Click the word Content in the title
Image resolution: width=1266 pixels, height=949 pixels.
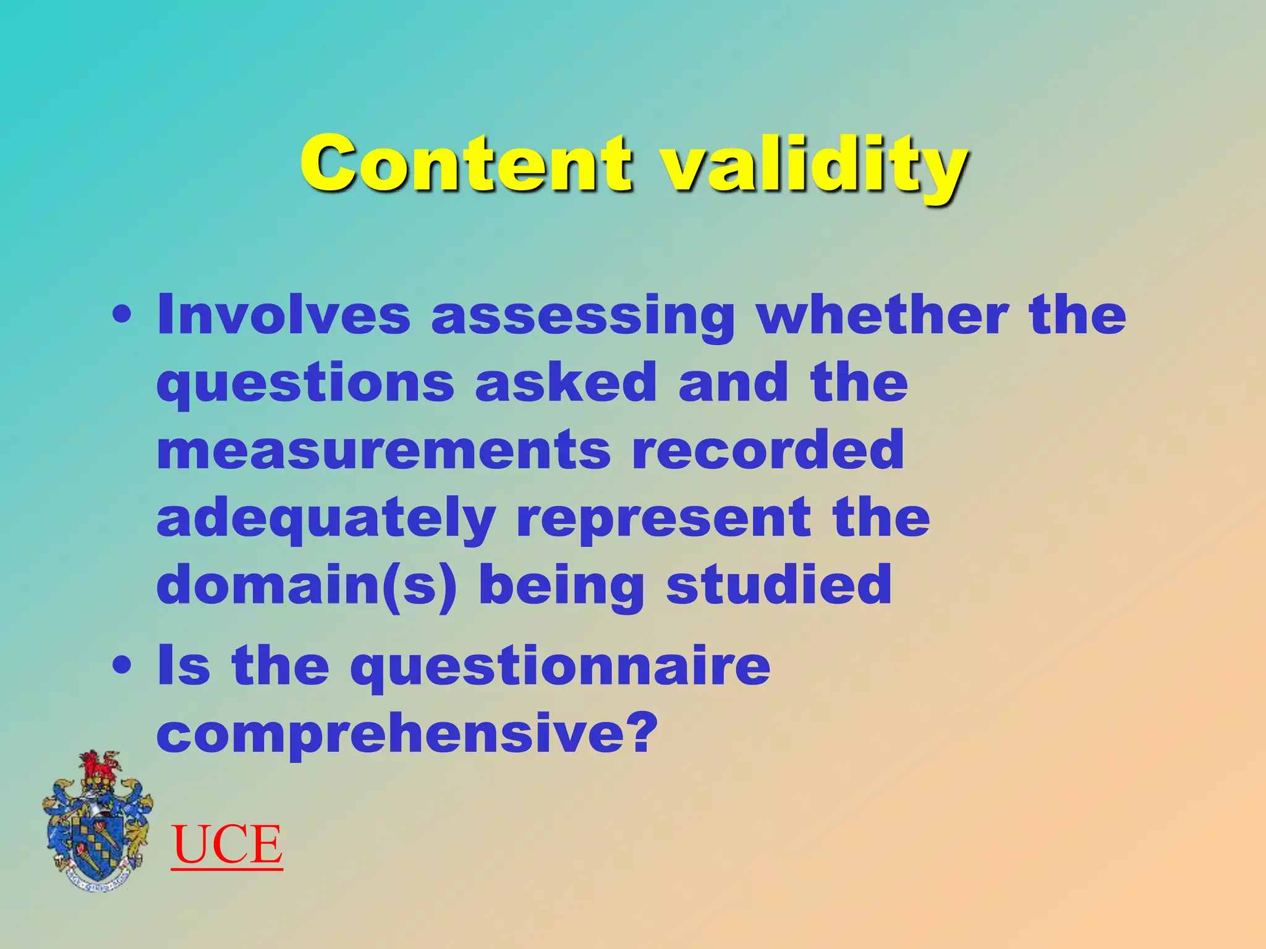click(x=467, y=164)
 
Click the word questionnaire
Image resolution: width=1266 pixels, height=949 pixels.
click(x=560, y=667)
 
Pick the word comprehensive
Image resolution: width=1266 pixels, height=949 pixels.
click(x=405, y=735)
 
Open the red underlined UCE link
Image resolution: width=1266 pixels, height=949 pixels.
click(x=227, y=845)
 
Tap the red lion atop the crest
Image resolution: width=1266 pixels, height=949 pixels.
click(x=99, y=767)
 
